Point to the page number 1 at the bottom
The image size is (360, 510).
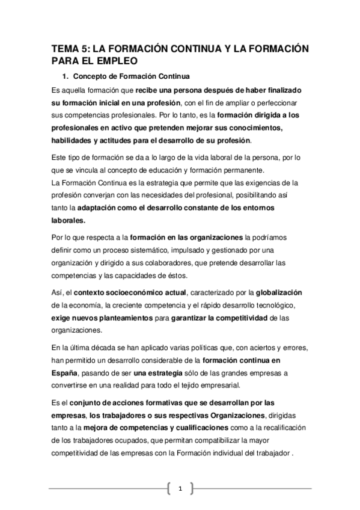point(180,489)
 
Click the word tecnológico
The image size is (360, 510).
point(269,305)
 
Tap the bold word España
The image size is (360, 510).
point(65,373)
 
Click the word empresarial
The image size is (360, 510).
point(212,386)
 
